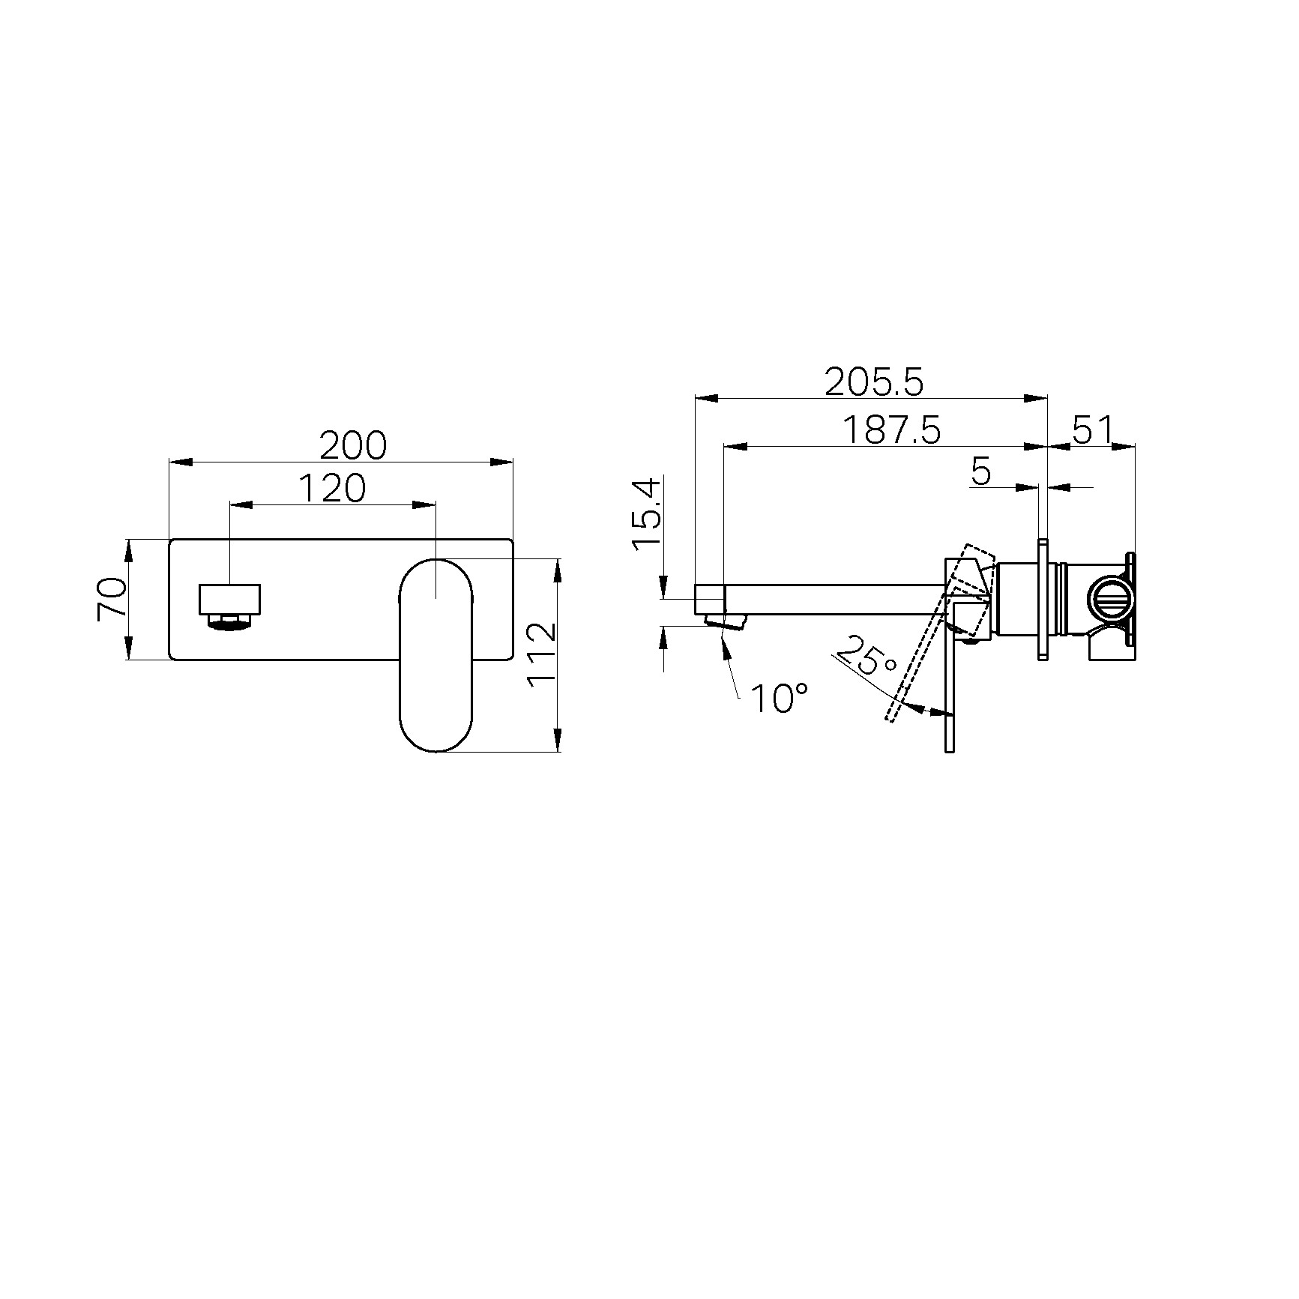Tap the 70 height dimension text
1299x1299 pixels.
112,600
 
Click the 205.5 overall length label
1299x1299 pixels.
874,382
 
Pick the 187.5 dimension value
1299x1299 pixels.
891,430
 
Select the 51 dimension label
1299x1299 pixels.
1093,430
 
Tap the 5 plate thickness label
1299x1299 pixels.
981,471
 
